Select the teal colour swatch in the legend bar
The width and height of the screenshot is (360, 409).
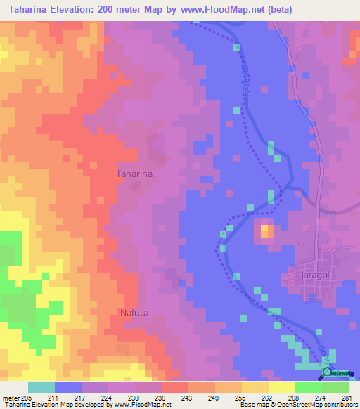coord(41,387)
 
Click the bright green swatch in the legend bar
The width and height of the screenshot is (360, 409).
coord(308,387)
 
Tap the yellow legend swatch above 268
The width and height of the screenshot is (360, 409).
coord(281,387)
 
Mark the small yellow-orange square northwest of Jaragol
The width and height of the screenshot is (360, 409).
coord(265,231)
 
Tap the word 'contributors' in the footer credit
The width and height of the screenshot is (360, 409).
coord(337,405)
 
